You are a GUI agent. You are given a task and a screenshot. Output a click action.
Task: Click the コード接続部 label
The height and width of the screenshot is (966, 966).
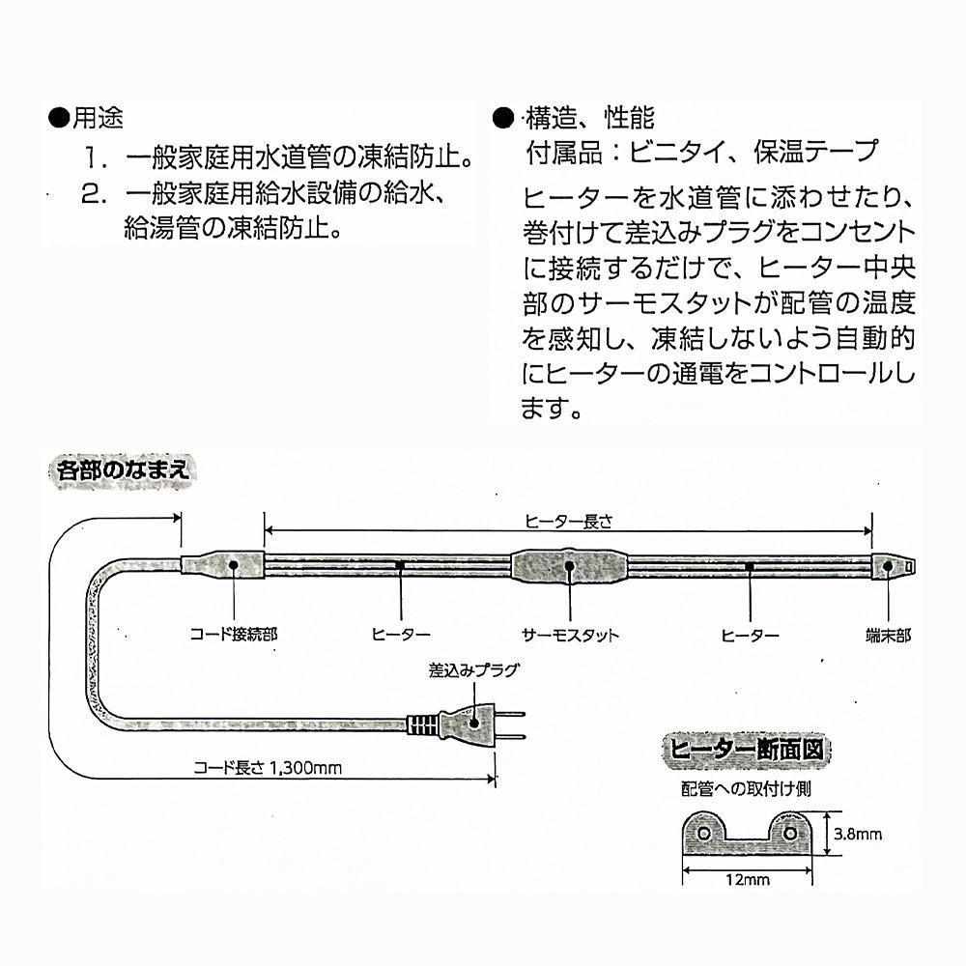[x=233, y=635]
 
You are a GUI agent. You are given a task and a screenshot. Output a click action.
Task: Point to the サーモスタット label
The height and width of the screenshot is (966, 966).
[x=569, y=635]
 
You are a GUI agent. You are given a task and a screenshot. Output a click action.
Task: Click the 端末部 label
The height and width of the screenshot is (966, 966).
[x=887, y=635]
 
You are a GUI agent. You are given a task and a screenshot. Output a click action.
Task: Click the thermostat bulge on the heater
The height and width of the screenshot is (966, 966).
[x=569, y=567]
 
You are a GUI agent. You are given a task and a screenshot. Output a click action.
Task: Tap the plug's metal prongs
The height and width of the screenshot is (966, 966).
[x=512, y=724]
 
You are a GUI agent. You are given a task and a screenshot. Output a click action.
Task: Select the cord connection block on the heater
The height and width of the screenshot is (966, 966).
[x=223, y=565]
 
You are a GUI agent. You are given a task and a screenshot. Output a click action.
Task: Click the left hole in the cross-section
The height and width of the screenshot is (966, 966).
[x=703, y=832]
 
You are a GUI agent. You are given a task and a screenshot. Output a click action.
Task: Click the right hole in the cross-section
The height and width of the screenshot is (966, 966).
[x=791, y=832]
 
